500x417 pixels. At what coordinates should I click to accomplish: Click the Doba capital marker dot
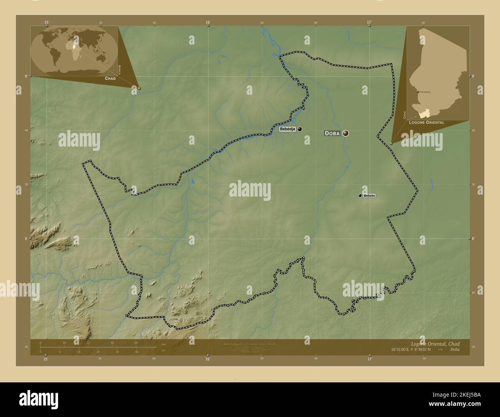click(x=345, y=133)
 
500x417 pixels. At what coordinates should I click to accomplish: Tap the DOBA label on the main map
click(x=332, y=133)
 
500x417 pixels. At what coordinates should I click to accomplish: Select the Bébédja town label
click(x=288, y=129)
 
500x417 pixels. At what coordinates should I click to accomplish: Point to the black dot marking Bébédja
click(x=300, y=129)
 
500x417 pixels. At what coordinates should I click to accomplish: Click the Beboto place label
click(x=369, y=196)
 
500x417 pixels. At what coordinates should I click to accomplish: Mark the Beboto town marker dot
click(x=360, y=196)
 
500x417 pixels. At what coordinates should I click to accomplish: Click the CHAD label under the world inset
click(x=110, y=78)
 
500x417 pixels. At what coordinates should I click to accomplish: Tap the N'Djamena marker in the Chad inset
click(x=418, y=92)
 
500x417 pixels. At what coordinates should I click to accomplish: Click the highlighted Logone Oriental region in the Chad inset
click(x=424, y=113)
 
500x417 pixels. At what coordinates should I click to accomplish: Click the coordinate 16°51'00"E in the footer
click(x=403, y=350)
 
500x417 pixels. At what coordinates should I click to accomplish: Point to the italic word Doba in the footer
click(x=454, y=350)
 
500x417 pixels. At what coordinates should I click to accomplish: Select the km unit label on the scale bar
click(x=163, y=344)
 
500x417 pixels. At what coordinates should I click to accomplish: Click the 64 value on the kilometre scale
click(x=136, y=342)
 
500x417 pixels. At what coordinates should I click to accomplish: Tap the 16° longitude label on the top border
click(x=208, y=22)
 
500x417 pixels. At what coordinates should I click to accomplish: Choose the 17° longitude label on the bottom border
click(x=369, y=359)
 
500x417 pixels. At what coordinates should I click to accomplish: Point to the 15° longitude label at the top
click(x=46, y=22)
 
